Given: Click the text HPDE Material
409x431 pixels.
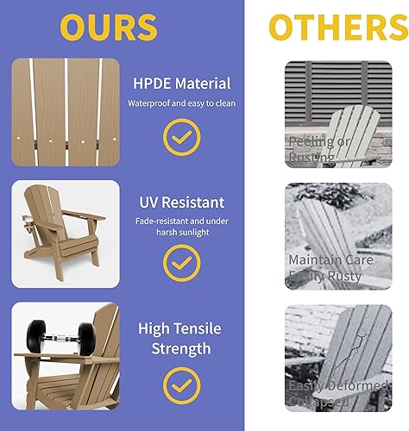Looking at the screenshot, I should point(182,84).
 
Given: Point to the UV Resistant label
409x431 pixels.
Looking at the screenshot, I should point(182,203).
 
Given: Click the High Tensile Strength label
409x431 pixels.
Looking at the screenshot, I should point(179,338).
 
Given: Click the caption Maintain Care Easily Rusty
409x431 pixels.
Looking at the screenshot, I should point(330,267).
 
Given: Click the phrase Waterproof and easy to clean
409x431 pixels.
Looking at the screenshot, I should point(182,103).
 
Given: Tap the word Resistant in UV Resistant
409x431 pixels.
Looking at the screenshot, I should point(194,203).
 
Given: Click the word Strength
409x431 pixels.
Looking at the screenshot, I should point(179,348).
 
